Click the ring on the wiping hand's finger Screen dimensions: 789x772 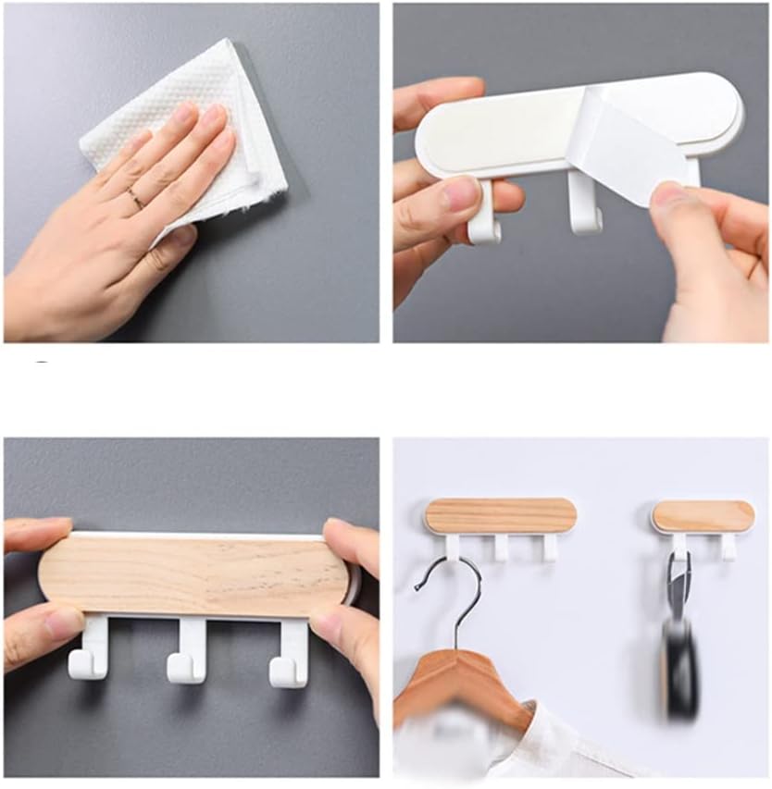tap(135, 197)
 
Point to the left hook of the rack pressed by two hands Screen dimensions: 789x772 tap(90, 653)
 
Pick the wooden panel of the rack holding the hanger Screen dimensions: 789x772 tap(501, 515)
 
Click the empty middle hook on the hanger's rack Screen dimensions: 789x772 tap(501, 547)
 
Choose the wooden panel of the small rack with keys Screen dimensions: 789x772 tap(703, 515)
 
